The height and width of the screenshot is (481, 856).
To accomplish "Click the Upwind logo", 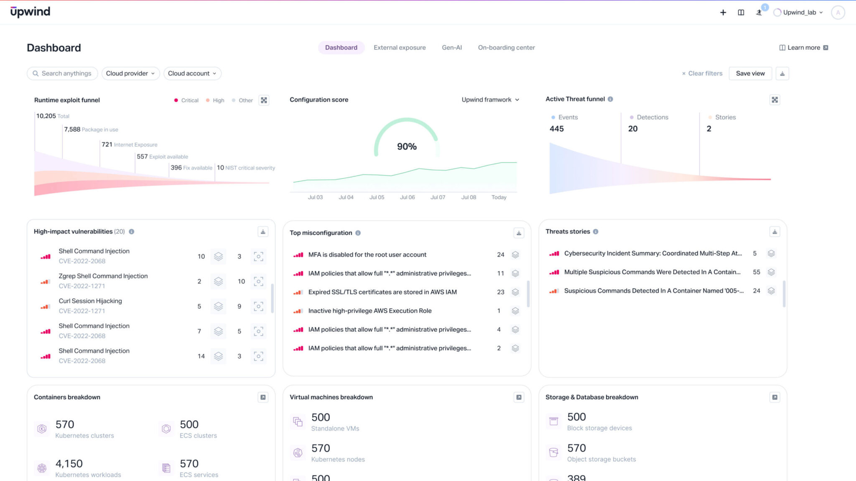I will (30, 12).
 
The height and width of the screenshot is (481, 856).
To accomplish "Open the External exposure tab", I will (400, 48).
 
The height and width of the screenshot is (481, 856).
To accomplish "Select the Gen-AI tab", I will (452, 48).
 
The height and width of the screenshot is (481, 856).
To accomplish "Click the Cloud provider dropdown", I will (130, 73).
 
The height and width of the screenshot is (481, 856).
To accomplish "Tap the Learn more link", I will (803, 48).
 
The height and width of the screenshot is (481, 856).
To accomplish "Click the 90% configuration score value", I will (407, 147).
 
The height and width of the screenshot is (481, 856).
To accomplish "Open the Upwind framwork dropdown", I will (490, 100).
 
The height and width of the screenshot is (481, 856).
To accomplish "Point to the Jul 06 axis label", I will (407, 197).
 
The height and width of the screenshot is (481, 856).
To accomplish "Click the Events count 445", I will (556, 129).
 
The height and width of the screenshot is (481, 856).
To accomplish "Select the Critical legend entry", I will (186, 101).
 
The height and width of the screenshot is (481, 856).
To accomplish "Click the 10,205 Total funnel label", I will (52, 116).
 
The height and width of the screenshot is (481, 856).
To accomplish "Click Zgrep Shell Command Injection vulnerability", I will (103, 276).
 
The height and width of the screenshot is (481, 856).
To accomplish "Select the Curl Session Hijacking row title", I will (90, 301).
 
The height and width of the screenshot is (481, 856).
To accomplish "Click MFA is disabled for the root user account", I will (367, 255).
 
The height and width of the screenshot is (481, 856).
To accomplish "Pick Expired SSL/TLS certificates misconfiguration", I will (382, 292).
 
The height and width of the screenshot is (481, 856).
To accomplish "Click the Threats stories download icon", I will (774, 232).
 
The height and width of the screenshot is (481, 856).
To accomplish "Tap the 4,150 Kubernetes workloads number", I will (69, 464).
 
